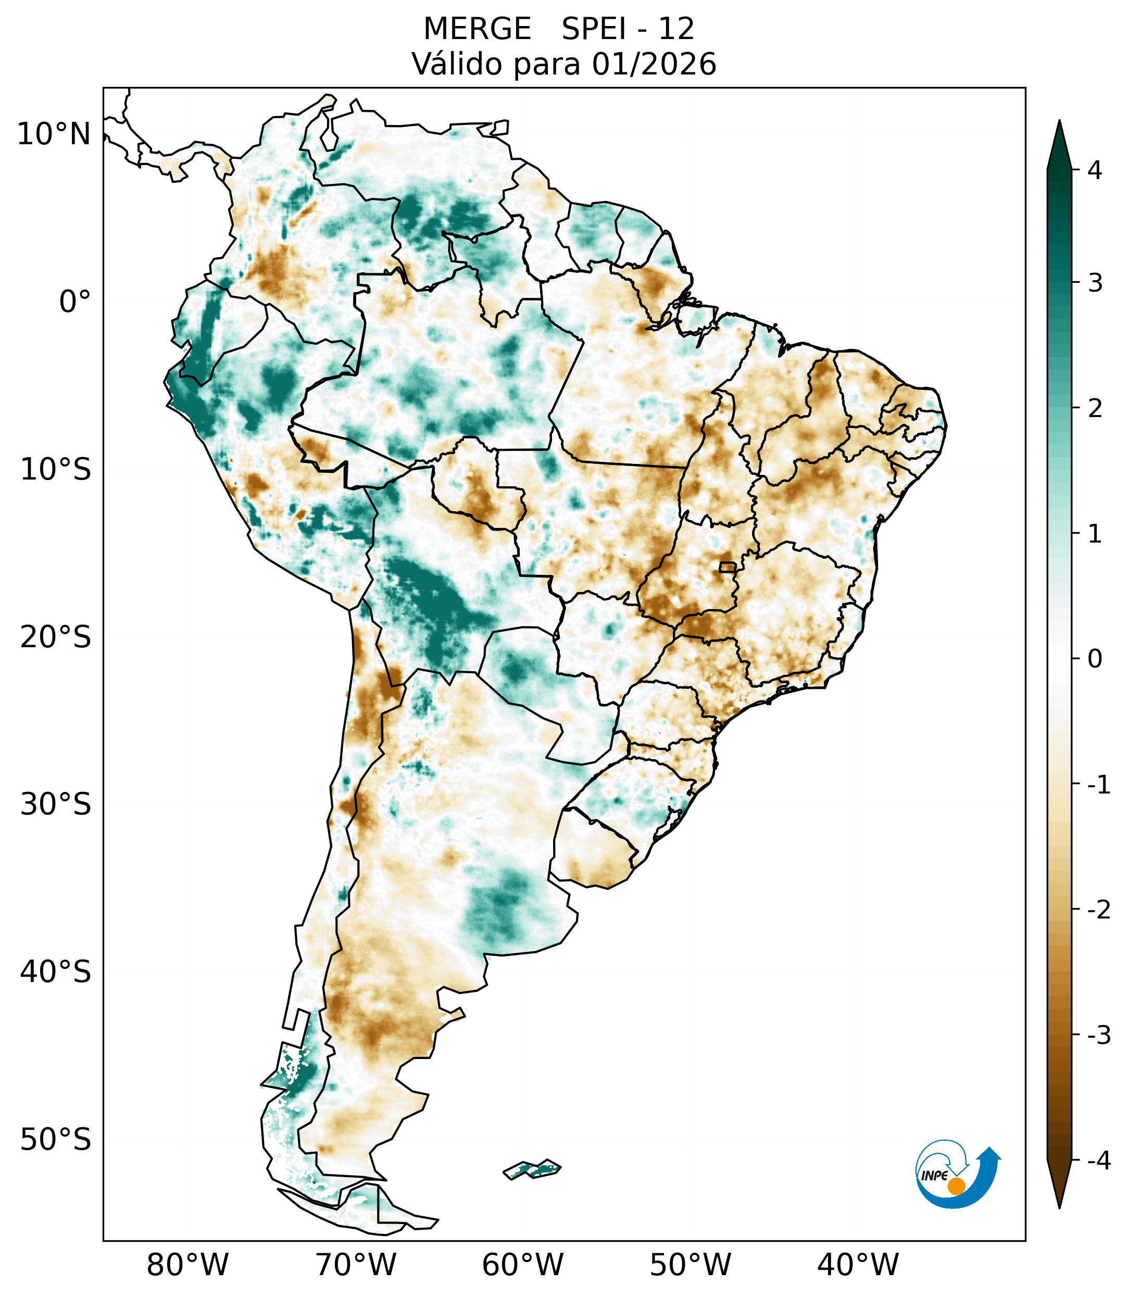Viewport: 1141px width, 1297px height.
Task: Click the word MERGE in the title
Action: [477, 29]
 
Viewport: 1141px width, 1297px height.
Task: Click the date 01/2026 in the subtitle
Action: [654, 64]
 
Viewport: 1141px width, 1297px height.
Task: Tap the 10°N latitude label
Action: [53, 134]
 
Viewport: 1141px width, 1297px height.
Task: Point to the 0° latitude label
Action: [75, 302]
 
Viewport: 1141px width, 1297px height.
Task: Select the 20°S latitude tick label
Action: [56, 637]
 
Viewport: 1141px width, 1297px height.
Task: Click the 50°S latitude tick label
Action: [56, 1140]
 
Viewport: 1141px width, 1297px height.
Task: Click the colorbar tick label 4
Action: [1095, 170]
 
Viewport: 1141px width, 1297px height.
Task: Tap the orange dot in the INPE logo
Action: [956, 1186]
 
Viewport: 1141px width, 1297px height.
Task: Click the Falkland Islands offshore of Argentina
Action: [532, 1169]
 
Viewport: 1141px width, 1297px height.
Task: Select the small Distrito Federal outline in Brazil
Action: [727, 566]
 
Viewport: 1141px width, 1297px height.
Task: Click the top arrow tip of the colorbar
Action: [1059, 122]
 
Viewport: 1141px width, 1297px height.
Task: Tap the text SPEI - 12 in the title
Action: [628, 29]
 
